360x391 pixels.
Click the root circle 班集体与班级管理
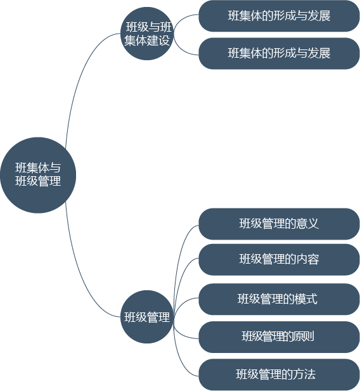(x=38, y=175)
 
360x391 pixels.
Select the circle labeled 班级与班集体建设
(x=147, y=34)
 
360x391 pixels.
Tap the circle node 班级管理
(x=147, y=317)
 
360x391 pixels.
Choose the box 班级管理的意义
(x=279, y=224)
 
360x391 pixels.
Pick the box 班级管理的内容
(x=279, y=260)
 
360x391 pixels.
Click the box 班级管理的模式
(x=279, y=299)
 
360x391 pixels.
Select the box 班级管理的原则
(x=279, y=337)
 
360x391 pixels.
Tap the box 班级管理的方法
(x=279, y=375)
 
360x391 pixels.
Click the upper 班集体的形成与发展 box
(x=279, y=16)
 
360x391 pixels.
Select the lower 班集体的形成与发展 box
(x=279, y=53)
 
